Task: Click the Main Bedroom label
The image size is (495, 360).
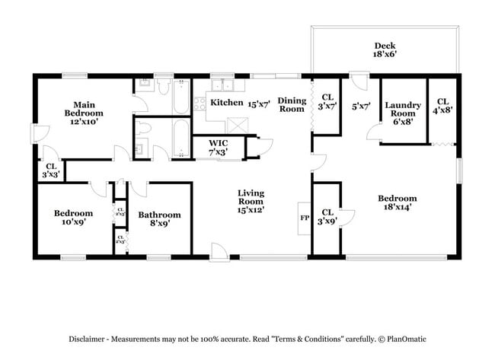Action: pos(83,113)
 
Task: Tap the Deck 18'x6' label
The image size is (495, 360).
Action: pos(384,50)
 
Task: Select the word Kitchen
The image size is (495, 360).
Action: pos(226,103)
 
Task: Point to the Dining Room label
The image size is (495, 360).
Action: pos(291,104)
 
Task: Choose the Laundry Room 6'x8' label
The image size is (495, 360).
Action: pos(403,113)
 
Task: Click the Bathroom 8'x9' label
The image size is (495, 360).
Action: pos(159,219)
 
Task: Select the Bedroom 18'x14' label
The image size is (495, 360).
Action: pos(397,203)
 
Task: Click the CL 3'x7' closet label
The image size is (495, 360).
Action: pos(327,102)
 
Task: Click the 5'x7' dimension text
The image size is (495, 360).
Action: pos(360,107)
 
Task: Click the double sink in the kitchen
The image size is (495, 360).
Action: pos(222,83)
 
